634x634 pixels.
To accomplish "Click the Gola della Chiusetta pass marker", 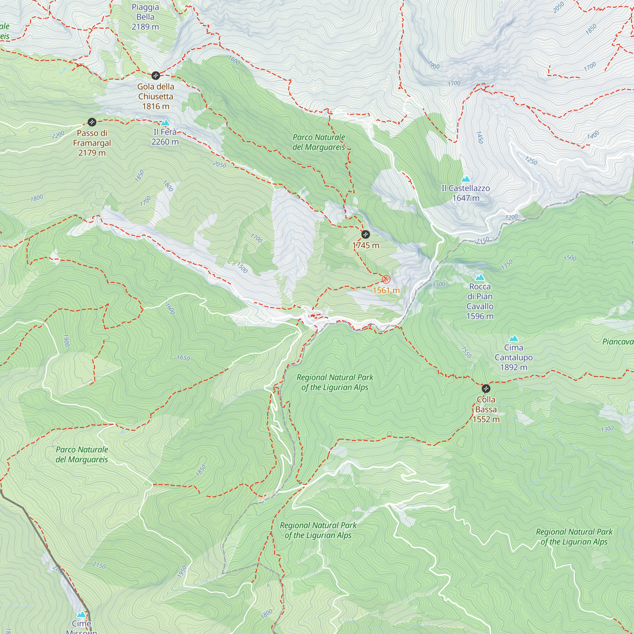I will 156,76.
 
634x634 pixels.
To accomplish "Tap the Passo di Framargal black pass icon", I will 92,122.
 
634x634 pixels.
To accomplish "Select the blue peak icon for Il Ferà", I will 165,123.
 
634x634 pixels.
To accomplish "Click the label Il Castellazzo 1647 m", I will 466,193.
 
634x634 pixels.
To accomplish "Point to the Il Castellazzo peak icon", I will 466,179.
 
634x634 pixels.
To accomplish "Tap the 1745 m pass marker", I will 365,235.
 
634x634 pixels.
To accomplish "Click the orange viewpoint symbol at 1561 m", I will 386,280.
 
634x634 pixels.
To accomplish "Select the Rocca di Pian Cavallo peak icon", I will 480,278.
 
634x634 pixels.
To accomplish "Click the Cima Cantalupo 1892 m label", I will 514,357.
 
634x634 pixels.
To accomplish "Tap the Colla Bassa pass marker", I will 486,389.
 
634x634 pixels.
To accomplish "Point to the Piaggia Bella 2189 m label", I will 145,17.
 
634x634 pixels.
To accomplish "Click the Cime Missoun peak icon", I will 81,614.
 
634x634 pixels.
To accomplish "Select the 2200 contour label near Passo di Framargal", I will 58,135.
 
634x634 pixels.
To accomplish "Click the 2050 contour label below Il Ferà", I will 219,165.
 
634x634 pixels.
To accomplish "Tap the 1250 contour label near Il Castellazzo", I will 531,160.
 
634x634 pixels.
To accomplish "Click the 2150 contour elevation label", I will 99,565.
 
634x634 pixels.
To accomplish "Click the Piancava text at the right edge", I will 618,342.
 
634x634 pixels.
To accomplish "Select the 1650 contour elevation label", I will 183,358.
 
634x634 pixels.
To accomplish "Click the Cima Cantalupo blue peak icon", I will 514,338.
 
